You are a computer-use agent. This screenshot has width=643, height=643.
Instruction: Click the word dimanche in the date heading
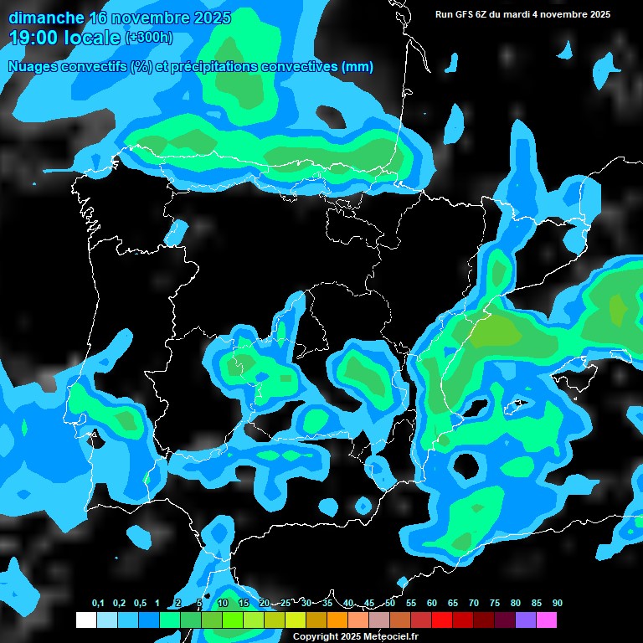(x=46, y=18)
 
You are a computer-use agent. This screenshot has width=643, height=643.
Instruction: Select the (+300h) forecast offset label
(x=149, y=37)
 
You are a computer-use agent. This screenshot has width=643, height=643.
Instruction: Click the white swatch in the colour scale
(x=85, y=620)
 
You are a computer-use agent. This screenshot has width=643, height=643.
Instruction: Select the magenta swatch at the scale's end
(x=546, y=620)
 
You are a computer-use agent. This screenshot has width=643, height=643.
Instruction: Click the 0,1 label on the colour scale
(x=98, y=604)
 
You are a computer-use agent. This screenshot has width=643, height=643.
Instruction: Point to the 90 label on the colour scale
(x=557, y=604)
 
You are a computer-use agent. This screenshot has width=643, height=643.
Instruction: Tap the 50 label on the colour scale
(x=390, y=604)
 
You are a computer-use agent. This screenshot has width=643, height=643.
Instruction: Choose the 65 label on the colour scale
(x=453, y=604)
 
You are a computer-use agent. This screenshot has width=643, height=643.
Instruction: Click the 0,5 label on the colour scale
(x=140, y=604)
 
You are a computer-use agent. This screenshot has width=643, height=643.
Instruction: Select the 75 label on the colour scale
(x=495, y=604)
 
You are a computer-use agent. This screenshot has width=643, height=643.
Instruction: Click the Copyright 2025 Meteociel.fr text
(x=354, y=636)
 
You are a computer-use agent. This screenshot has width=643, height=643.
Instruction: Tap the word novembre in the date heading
(x=152, y=18)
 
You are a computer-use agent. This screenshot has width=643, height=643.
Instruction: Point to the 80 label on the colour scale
(x=516, y=604)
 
